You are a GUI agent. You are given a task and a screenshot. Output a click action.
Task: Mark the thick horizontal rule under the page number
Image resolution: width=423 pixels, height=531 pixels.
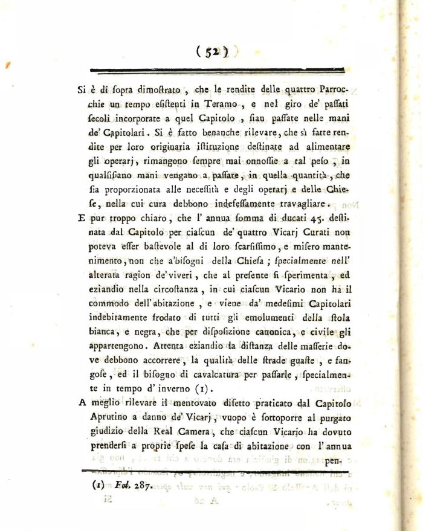[211, 70]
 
